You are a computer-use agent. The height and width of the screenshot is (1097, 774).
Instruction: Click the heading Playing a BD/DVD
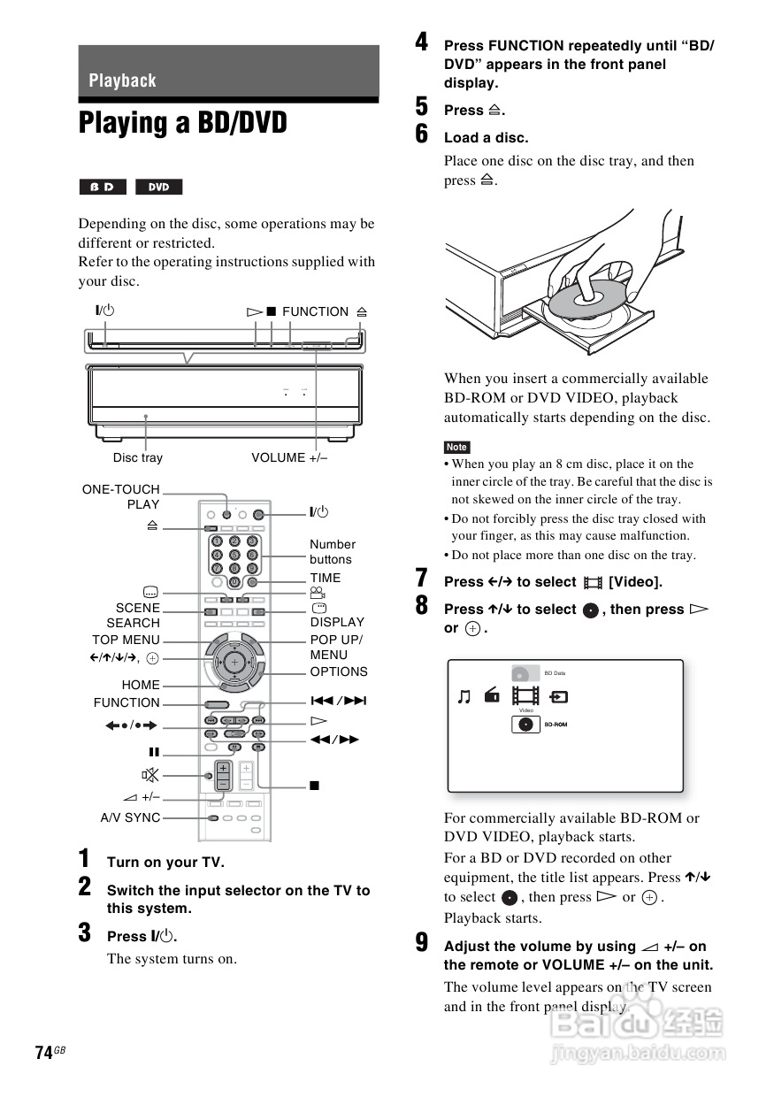point(183,123)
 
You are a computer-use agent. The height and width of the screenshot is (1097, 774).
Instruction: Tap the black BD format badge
point(103,187)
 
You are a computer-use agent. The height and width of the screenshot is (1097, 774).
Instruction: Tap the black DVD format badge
point(158,187)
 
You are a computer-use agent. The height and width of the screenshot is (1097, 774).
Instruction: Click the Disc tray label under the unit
point(138,457)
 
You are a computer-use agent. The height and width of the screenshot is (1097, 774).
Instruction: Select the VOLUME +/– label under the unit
point(289,457)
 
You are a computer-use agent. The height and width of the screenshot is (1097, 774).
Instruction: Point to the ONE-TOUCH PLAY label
point(121,496)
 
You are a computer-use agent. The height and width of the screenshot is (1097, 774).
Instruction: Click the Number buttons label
point(333,552)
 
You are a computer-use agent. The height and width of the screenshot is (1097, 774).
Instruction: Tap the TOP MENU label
point(126,640)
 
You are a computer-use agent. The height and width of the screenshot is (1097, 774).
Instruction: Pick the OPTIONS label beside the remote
point(339,671)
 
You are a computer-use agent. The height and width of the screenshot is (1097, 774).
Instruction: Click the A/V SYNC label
point(131,817)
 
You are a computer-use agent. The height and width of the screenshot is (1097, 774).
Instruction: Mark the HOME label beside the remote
point(142,685)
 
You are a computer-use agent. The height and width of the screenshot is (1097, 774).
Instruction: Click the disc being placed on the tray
point(586,297)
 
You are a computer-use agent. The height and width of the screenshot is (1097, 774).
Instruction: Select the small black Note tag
point(456,447)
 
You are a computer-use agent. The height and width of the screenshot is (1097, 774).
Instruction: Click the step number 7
point(422,579)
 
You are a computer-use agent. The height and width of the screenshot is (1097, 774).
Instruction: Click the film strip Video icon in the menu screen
point(525,696)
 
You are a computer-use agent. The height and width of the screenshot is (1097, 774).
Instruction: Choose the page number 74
point(43,1052)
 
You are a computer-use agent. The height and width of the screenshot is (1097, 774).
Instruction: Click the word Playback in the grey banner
point(122,81)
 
